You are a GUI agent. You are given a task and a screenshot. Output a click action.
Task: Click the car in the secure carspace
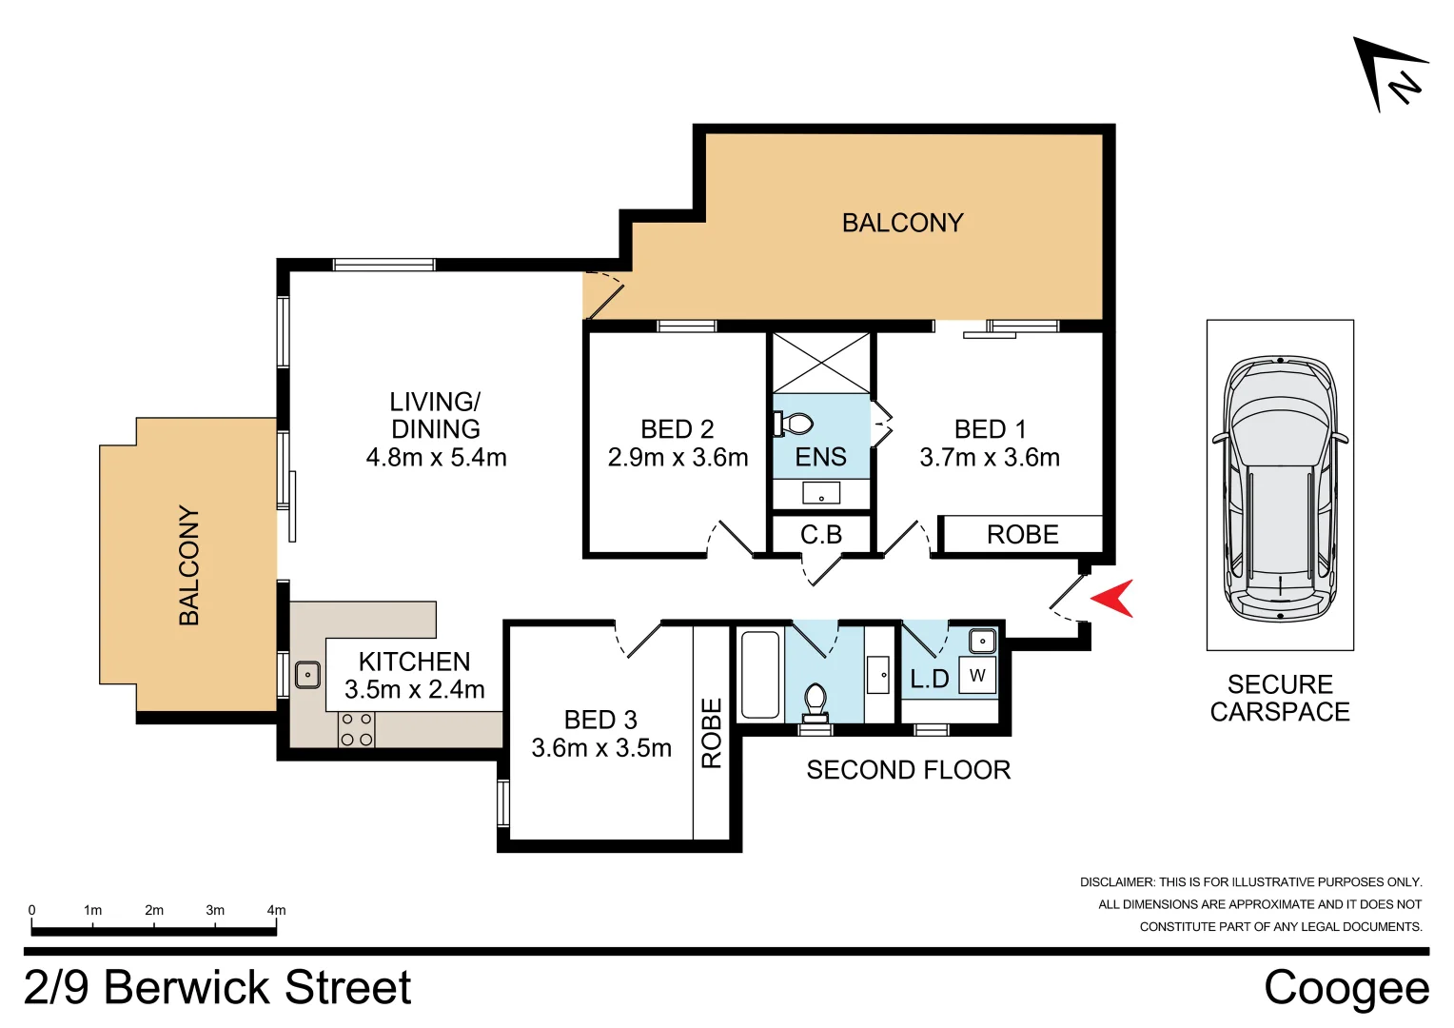pyautogui.click(x=1280, y=488)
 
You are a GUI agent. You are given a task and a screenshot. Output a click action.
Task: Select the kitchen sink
pyautogui.click(x=307, y=675)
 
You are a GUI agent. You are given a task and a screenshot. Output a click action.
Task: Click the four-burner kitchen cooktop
pyautogui.click(x=357, y=729)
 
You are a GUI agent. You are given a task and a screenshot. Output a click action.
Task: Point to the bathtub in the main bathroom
pyautogui.click(x=759, y=675)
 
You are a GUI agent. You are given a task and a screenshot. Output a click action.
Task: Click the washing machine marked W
pyautogui.click(x=977, y=675)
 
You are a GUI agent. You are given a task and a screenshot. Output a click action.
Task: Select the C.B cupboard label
pyautogui.click(x=820, y=535)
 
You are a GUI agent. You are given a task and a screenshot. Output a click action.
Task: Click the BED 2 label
pyautogui.click(x=677, y=429)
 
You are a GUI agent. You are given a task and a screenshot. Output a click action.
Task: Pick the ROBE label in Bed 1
pyautogui.click(x=1022, y=535)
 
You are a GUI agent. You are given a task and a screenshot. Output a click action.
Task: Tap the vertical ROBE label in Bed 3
pyautogui.click(x=712, y=733)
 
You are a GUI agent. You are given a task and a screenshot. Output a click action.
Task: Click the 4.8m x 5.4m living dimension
pyautogui.click(x=436, y=458)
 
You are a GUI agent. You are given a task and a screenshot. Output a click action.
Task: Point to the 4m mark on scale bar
pyautogui.click(x=276, y=911)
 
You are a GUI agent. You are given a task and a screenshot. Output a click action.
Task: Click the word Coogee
pyautogui.click(x=1346, y=988)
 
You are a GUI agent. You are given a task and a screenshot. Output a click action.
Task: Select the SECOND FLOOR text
pyautogui.click(x=908, y=770)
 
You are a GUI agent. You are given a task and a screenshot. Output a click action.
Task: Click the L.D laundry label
pyautogui.click(x=929, y=679)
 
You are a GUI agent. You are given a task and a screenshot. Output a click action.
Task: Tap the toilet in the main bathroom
pyautogui.click(x=815, y=702)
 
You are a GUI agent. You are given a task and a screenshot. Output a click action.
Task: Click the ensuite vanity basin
pyautogui.click(x=820, y=493)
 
